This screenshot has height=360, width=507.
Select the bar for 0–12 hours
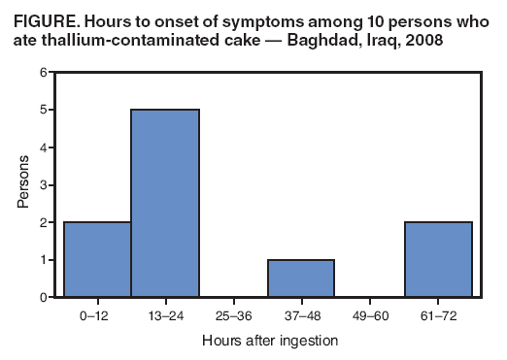click(x=97, y=259)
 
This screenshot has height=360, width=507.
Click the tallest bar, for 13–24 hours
click(x=165, y=204)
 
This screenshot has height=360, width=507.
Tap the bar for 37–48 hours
click(x=301, y=278)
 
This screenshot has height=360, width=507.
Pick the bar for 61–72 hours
click(x=438, y=259)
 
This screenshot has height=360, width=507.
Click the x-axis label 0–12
click(x=97, y=315)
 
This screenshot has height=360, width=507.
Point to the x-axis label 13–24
click(x=165, y=315)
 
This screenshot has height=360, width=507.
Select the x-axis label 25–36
click(x=233, y=315)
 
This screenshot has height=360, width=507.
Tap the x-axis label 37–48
click(x=301, y=315)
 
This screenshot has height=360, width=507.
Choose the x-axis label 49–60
click(x=370, y=315)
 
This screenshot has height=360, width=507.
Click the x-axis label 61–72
click(x=438, y=315)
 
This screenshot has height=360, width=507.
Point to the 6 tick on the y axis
click(x=42, y=73)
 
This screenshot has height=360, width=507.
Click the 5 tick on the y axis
click(x=42, y=111)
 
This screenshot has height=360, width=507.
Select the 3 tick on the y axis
click(x=42, y=185)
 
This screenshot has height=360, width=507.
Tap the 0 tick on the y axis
click(x=42, y=297)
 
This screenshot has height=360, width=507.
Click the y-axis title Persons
click(x=22, y=185)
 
